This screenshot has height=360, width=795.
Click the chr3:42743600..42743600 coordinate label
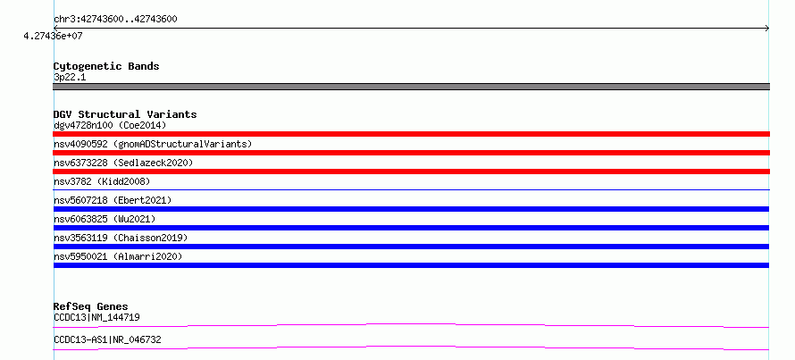[x=115, y=20]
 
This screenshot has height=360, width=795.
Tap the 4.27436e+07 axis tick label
[x=53, y=36]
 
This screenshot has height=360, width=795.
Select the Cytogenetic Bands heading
[x=106, y=66]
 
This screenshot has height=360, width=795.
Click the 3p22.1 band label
[x=70, y=77]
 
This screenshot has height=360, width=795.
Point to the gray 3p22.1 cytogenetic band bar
[x=411, y=87]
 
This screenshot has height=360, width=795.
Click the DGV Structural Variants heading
[x=125, y=114]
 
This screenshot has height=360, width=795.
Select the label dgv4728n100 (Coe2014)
[x=110, y=125]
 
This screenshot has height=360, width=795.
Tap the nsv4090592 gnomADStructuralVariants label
[x=153, y=144]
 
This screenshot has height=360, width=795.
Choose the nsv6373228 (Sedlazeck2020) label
[x=123, y=163]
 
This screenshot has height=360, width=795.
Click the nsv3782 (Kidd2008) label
[x=102, y=181]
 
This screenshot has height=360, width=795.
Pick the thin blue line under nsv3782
[x=411, y=189]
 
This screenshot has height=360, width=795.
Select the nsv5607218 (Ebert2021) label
[x=113, y=200]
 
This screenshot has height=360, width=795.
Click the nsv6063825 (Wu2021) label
[x=105, y=219]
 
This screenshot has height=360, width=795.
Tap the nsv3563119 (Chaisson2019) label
[x=121, y=238]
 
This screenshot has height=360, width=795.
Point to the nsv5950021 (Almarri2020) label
[x=118, y=256]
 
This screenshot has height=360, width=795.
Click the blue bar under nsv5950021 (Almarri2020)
[x=411, y=265]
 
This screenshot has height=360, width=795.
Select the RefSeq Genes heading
[x=91, y=306]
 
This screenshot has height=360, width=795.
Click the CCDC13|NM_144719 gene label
[x=96, y=317]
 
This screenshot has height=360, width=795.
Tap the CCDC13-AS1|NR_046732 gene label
[x=107, y=339]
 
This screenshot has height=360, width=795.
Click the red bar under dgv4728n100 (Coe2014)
[x=411, y=134]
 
